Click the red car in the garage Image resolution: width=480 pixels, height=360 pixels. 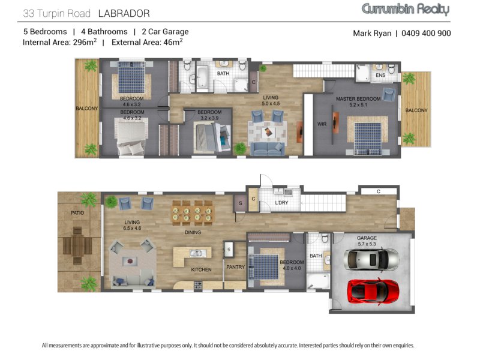(x=373, y=290)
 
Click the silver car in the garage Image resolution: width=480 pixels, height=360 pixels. (x=371, y=259)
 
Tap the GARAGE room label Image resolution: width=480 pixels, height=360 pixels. (x=367, y=238)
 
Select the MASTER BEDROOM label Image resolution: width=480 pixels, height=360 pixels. (x=358, y=99)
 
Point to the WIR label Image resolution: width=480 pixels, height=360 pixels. (x=322, y=124)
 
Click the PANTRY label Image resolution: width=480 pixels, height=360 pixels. (x=235, y=267)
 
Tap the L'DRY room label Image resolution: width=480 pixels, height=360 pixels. (x=281, y=203)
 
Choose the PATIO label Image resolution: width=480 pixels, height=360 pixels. (x=77, y=213)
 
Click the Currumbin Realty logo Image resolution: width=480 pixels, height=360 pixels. (x=406, y=10)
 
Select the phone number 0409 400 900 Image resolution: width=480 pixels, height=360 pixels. (x=426, y=33)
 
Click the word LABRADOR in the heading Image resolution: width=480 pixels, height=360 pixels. (x=124, y=13)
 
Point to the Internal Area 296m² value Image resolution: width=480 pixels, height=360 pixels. (x=59, y=42)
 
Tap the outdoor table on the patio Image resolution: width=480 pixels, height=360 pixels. (x=77, y=245)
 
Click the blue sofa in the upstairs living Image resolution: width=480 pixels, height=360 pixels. (x=267, y=149)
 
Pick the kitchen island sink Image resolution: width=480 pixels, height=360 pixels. (x=196, y=253)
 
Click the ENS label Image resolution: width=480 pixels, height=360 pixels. (x=380, y=75)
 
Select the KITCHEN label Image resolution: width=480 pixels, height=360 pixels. (x=201, y=269)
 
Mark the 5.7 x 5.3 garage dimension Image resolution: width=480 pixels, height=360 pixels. (x=367, y=244)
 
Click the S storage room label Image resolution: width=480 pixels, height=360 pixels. (x=241, y=203)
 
